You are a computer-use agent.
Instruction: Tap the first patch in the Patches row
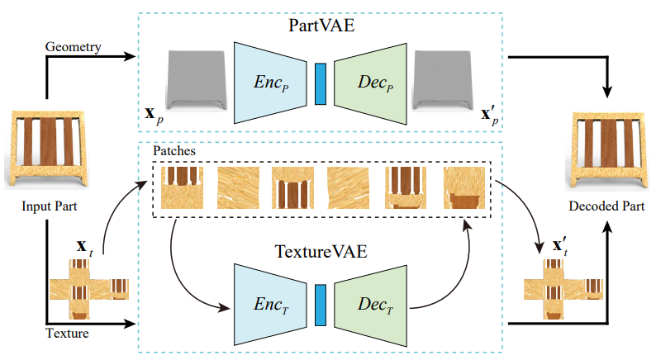coord(182,188)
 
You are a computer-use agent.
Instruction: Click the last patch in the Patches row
coord(463,188)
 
